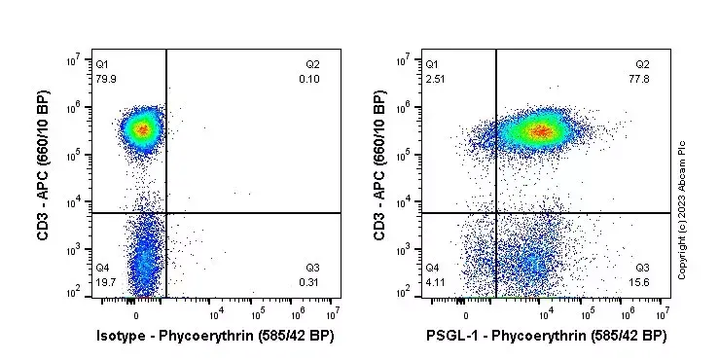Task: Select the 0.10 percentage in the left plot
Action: pos(309,78)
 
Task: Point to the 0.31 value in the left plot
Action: pos(309,282)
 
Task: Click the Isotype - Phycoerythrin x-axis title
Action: pos(216,337)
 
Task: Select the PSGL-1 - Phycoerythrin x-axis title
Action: pos(546,337)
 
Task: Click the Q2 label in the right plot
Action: pos(642,64)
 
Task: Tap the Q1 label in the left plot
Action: pos(102,64)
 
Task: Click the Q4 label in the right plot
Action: pos(432,268)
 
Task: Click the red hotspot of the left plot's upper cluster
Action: pos(142,127)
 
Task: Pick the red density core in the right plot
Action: pos(541,130)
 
